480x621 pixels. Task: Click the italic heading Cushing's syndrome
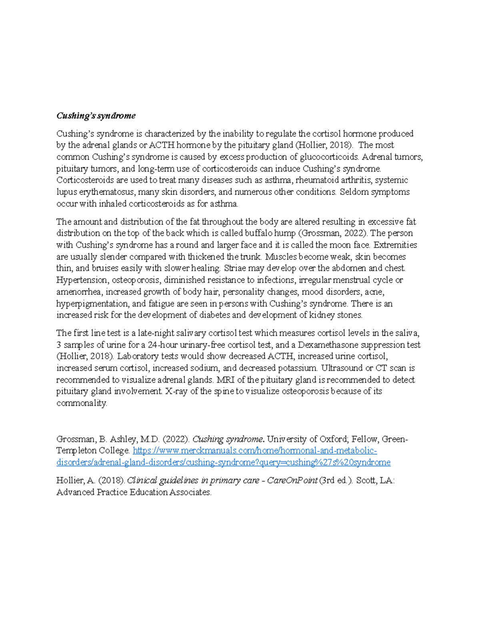point(96,116)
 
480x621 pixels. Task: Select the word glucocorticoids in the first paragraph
point(327,157)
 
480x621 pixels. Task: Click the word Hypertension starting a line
point(82,280)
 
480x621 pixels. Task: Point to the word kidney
point(322,315)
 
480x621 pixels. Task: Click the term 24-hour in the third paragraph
point(161,345)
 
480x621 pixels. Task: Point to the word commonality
point(82,403)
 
